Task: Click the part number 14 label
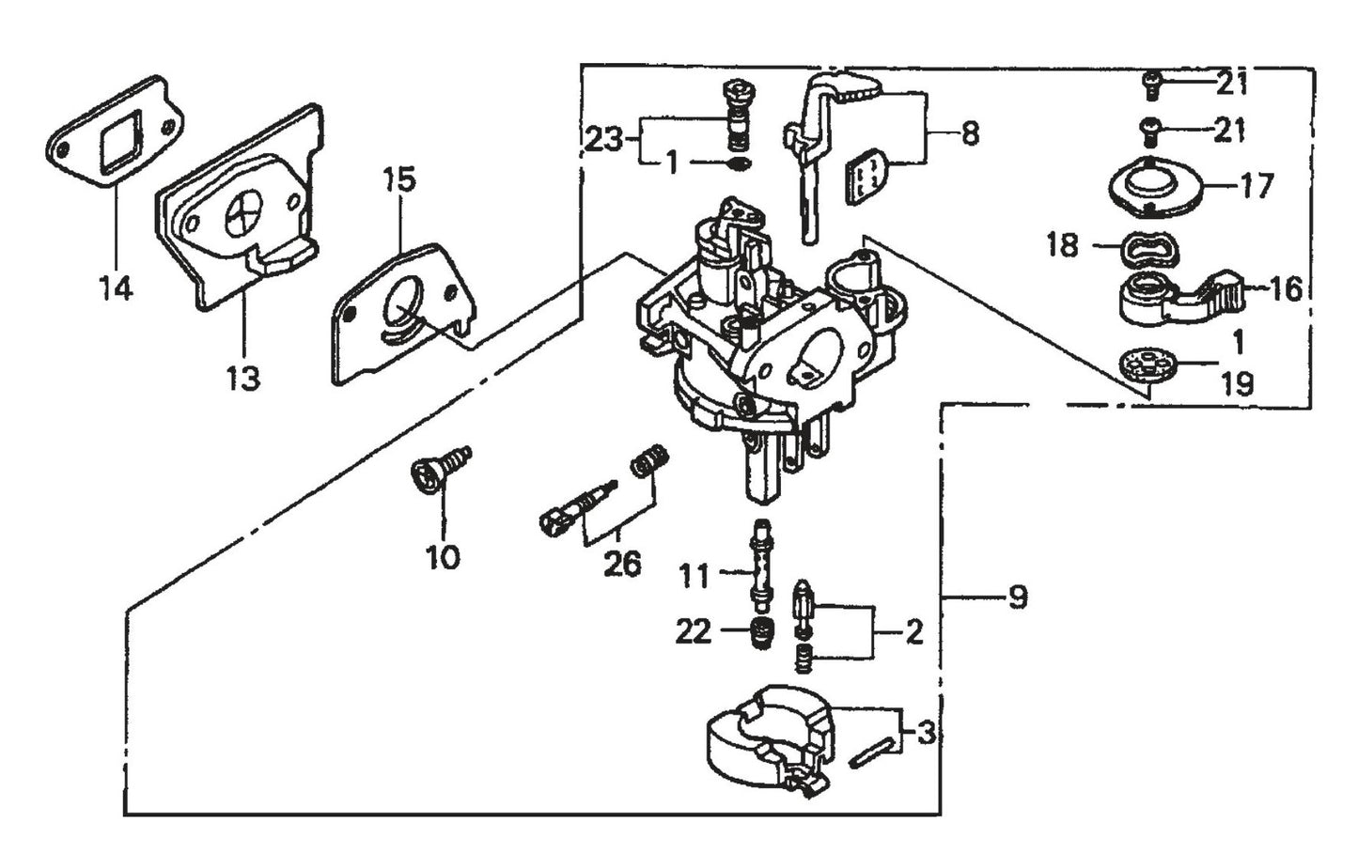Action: (x=116, y=288)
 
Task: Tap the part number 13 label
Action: (x=242, y=379)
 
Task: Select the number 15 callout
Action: (x=399, y=179)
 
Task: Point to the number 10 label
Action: (x=443, y=557)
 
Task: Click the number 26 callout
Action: (x=622, y=564)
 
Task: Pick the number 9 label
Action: (x=1017, y=597)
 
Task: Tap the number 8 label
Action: (x=969, y=133)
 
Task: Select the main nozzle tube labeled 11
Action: (x=759, y=566)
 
